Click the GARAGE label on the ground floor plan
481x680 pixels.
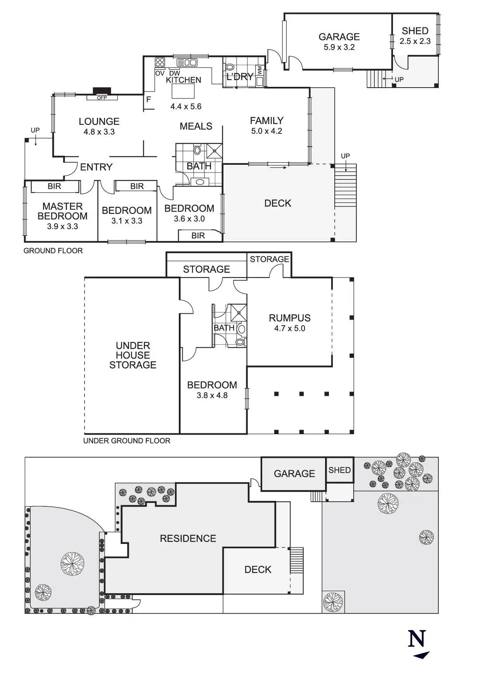(x=339, y=37)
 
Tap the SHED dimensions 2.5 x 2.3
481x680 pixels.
(x=415, y=41)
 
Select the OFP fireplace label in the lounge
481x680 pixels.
(x=102, y=98)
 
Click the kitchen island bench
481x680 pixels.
(x=183, y=91)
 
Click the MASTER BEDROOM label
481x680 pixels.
(x=62, y=211)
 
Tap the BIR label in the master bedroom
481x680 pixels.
(x=54, y=186)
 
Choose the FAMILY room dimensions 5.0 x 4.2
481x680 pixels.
(x=266, y=131)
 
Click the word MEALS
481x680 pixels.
(x=196, y=126)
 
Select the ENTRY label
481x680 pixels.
(x=96, y=167)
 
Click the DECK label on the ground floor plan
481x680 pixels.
(x=278, y=203)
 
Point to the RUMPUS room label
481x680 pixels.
(x=290, y=318)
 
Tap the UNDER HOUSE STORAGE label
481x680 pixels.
(x=133, y=355)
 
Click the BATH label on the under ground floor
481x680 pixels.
(x=224, y=328)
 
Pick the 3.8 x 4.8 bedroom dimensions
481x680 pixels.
(x=212, y=395)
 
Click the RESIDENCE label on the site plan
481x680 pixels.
(x=188, y=538)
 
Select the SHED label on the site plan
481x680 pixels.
(x=339, y=470)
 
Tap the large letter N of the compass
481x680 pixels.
(x=417, y=639)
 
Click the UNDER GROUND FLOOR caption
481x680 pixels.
(x=126, y=441)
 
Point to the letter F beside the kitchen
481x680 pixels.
(x=149, y=100)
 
